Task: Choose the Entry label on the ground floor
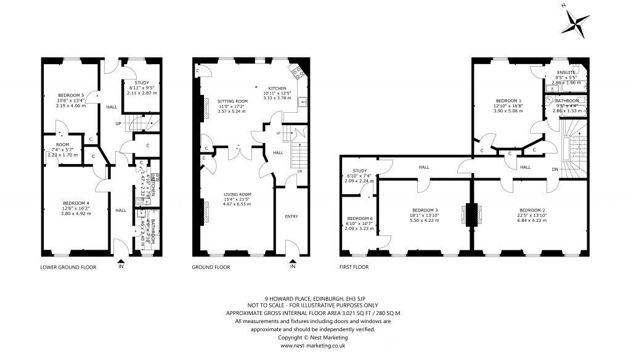[291, 216]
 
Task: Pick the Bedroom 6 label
[357, 218]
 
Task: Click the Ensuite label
[565, 73]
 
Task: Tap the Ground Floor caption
[211, 268]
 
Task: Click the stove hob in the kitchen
[298, 73]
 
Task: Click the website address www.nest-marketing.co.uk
[315, 346]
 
